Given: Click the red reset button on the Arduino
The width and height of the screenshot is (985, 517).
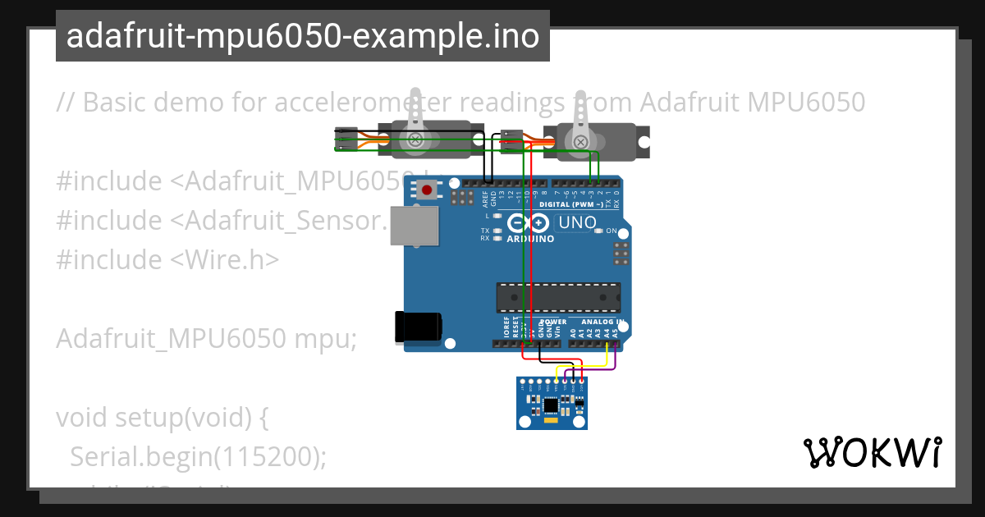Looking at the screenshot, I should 426,191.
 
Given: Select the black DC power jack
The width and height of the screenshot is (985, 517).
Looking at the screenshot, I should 418,326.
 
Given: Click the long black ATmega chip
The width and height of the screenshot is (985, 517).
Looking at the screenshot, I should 558,297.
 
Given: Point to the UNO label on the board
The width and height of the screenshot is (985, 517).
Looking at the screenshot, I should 577,222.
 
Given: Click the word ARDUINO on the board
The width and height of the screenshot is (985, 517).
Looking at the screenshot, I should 529,239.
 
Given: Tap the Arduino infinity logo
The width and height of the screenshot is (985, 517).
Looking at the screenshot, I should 528,222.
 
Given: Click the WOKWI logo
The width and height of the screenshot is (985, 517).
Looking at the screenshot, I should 872,452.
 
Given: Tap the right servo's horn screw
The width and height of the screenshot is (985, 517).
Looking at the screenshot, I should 580,142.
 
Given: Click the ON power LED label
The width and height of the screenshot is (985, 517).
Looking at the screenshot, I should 611,231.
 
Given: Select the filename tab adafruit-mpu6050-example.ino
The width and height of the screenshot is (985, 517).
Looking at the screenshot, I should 302,36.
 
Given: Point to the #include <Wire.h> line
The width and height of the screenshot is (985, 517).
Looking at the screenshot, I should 167,259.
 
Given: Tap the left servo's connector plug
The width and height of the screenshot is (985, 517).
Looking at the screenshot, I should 346,140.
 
